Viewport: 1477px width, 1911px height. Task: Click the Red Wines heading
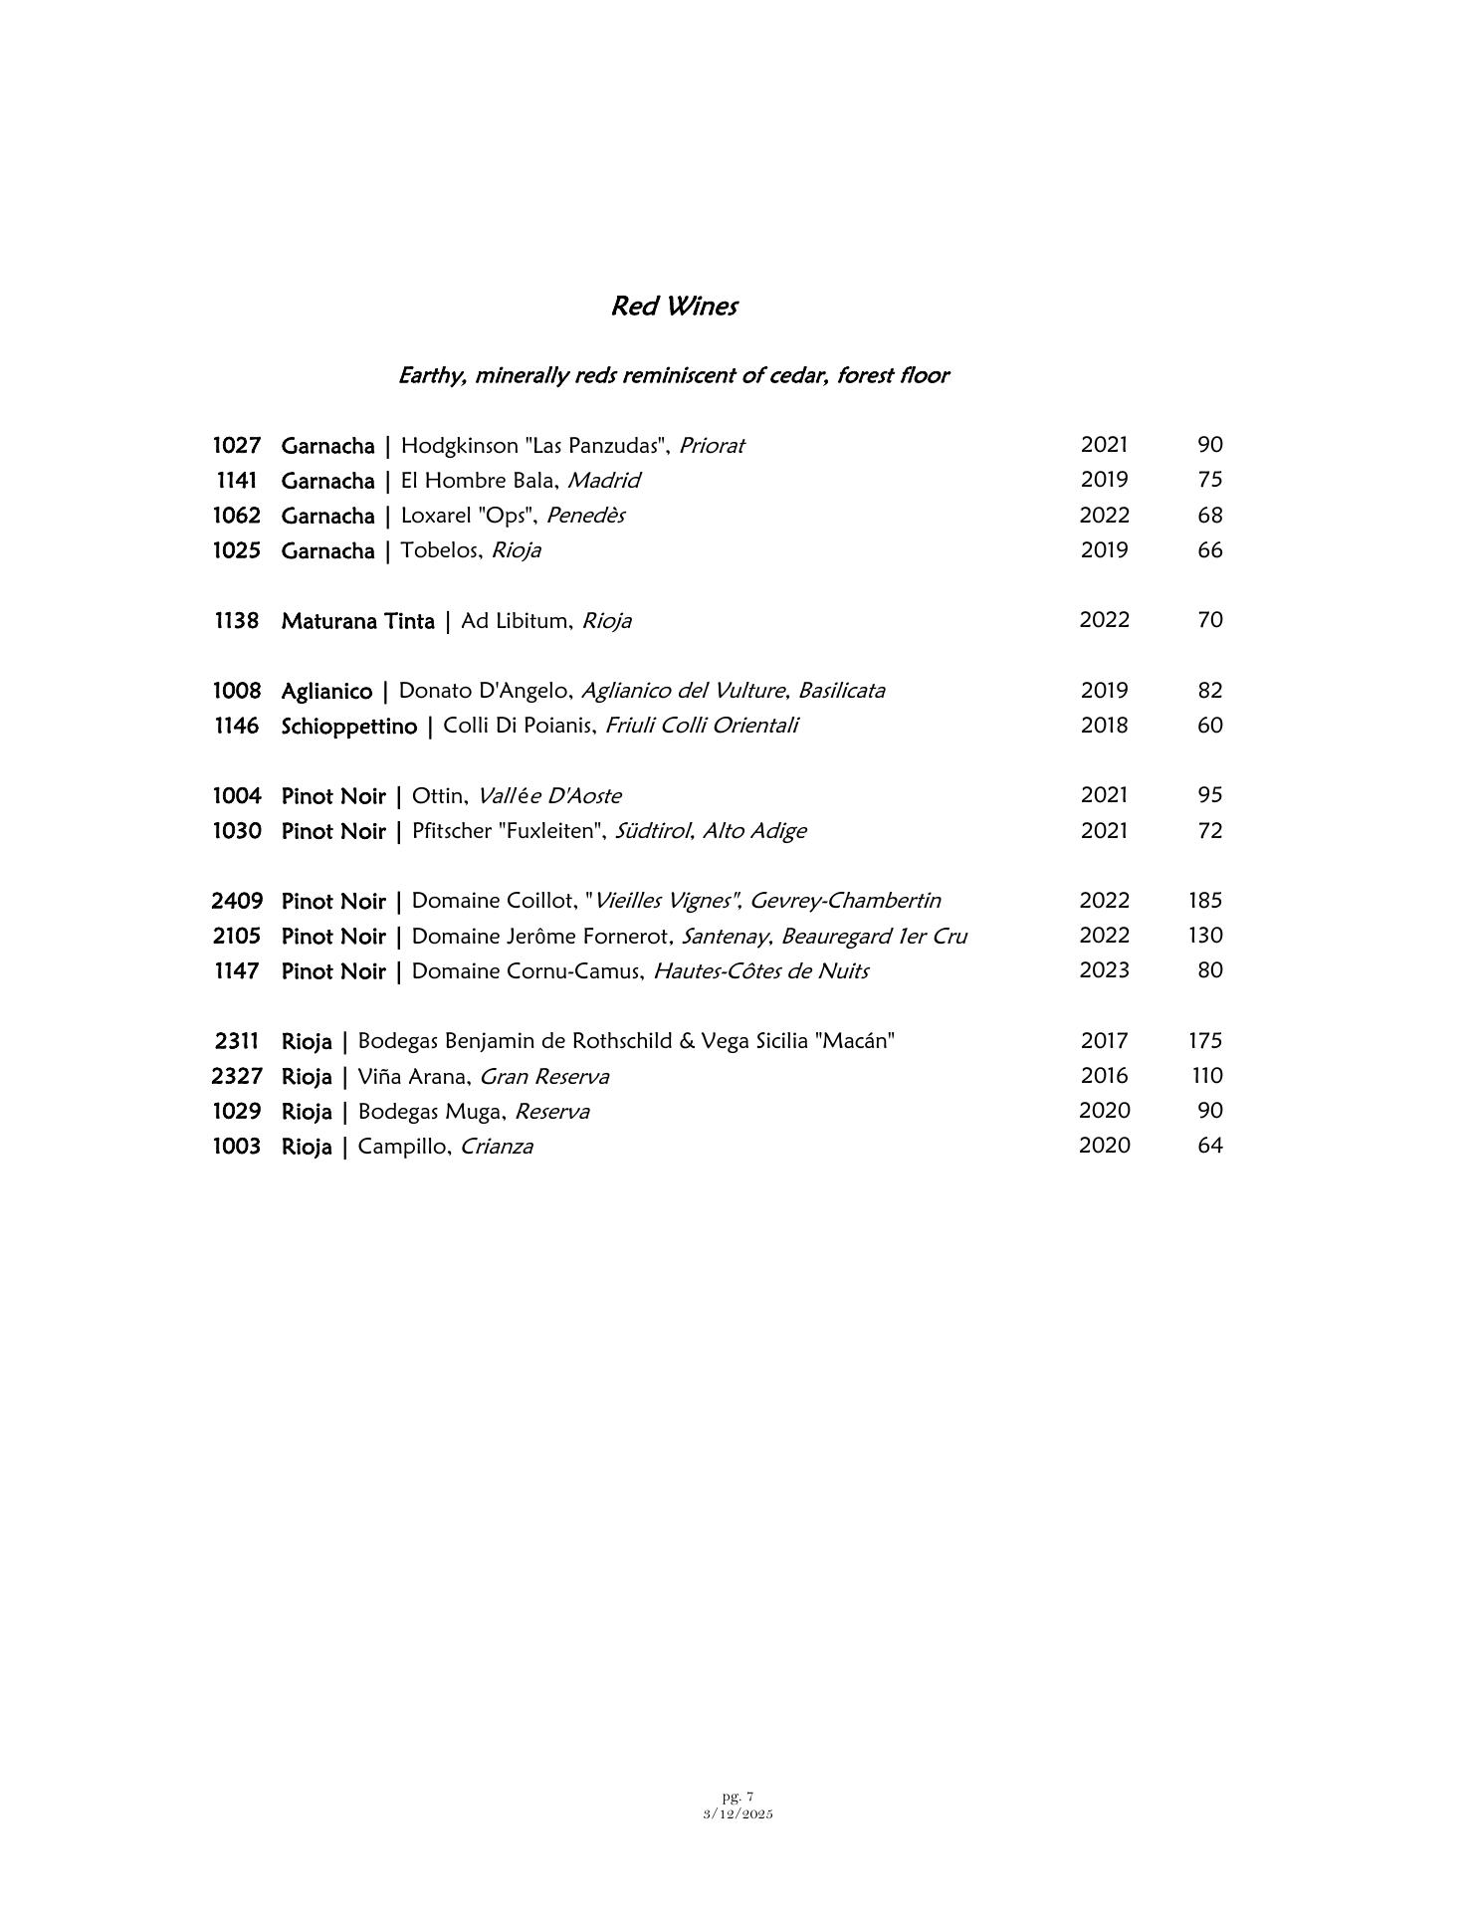tap(674, 306)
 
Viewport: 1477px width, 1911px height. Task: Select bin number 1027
tap(236, 445)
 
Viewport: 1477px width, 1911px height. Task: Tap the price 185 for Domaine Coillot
tap(1204, 901)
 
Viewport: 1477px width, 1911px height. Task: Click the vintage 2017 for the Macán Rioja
tap(1104, 1041)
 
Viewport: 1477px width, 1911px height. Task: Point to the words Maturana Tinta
tap(357, 621)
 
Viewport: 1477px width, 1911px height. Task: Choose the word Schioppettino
tap(348, 727)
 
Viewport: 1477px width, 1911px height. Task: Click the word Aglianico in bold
tap(326, 691)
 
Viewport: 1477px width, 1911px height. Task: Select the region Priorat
tap(711, 446)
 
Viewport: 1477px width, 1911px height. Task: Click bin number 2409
tap(237, 902)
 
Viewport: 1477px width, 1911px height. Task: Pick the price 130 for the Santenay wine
tap(1204, 936)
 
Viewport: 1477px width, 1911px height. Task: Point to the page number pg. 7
tap(738, 1797)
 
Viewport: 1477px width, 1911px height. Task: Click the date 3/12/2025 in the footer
tap(738, 1813)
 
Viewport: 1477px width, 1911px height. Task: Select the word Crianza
tap(497, 1147)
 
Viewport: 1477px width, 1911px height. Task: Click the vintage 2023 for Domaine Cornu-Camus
tap(1104, 970)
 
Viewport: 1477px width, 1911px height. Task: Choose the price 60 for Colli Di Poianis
tap(1209, 726)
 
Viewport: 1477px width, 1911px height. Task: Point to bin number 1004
tap(236, 796)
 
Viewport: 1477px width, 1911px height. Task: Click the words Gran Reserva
tap(544, 1077)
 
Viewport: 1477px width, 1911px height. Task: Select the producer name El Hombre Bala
tap(477, 481)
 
